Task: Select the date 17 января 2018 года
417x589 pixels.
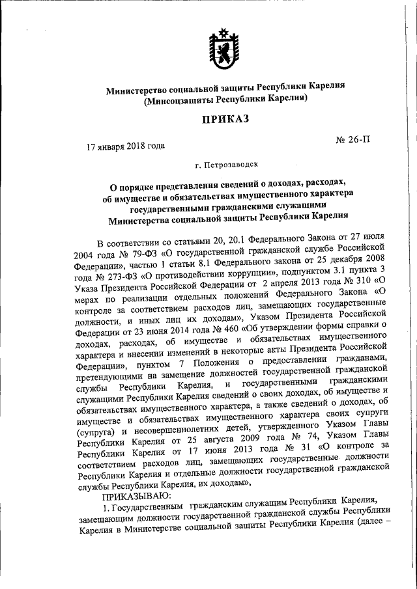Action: [x=126, y=147]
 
